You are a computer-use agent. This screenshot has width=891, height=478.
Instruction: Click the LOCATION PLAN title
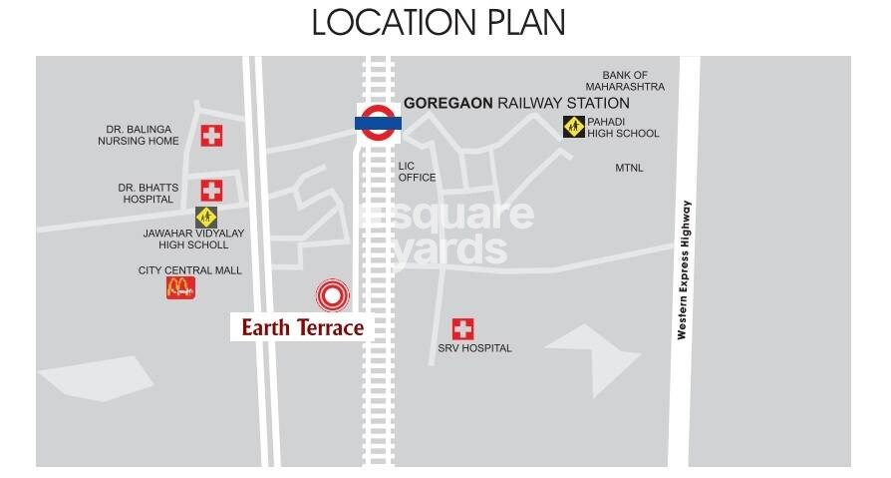pos(439,22)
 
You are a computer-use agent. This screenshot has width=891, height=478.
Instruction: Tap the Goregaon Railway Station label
pos(516,103)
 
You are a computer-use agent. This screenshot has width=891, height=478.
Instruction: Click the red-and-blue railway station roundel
pos(379,123)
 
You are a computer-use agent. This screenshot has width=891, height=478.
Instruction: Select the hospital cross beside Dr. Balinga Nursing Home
pos(211,136)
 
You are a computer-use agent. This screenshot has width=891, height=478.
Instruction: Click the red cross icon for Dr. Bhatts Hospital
pos(211,190)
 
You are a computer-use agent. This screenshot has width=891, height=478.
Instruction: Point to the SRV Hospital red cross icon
pos(462,328)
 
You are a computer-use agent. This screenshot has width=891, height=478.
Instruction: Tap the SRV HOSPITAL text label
pos(474,348)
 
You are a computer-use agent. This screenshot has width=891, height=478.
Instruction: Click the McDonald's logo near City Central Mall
pos(180,288)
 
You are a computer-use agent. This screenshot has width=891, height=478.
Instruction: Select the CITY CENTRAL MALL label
pos(189,270)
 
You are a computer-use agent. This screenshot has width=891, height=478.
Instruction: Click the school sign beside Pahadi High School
pos(573,127)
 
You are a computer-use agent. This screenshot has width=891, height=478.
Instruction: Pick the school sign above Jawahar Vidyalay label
pos(206,217)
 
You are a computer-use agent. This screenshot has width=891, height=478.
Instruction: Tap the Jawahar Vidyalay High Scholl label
pos(194,239)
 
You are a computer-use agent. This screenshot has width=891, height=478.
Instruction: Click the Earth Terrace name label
pos(302,326)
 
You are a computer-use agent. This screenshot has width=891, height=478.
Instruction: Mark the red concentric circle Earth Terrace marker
pos(333,294)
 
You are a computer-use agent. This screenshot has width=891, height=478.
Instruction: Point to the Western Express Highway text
pos(684,269)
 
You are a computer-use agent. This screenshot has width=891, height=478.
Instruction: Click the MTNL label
pos(629,168)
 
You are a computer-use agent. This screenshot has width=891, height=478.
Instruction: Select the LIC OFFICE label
pos(417,172)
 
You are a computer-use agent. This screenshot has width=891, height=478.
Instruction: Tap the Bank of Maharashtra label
pos(625,81)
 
